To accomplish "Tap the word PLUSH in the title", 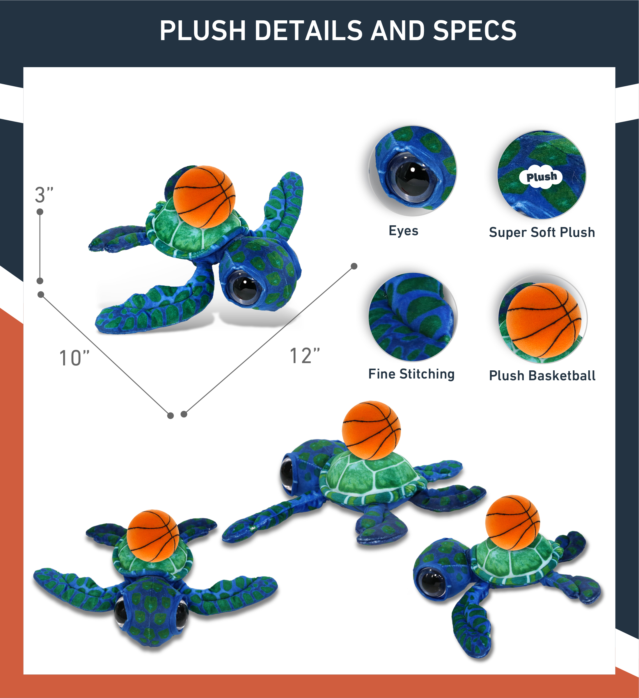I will [203, 31].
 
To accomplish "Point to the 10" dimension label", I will [74, 358].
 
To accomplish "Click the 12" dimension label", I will [305, 356].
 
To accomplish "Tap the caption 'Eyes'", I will [403, 231].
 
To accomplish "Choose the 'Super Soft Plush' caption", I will [542, 232].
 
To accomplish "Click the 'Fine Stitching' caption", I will [411, 374].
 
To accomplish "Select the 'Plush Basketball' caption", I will [542, 376].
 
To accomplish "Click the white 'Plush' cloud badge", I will [542, 177].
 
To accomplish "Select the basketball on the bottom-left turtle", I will [153, 535].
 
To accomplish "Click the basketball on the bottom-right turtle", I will [512, 522].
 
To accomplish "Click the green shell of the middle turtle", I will [371, 479].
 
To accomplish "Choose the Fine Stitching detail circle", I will [413, 317].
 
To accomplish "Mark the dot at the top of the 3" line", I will [40, 212].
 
